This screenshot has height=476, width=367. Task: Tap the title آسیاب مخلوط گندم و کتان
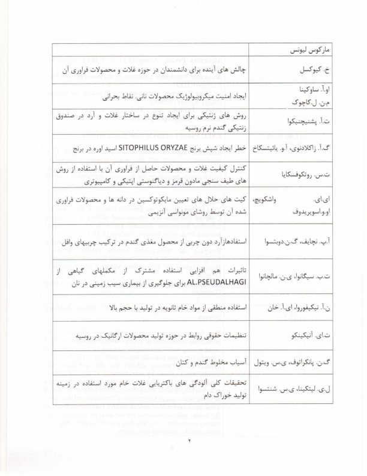point(209,358)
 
